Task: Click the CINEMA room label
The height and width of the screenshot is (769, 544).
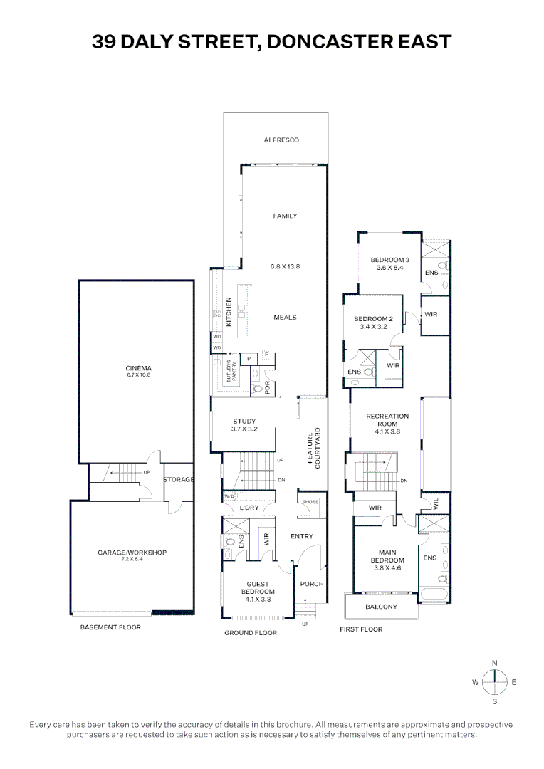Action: pyautogui.click(x=135, y=368)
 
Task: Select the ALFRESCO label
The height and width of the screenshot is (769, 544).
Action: pyautogui.click(x=281, y=140)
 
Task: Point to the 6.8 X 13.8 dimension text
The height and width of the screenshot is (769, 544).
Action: pyautogui.click(x=285, y=266)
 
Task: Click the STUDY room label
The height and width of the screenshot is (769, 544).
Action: pyautogui.click(x=244, y=422)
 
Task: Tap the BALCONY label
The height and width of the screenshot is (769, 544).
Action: pyautogui.click(x=381, y=607)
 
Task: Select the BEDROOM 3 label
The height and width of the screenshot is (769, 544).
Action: pyautogui.click(x=390, y=260)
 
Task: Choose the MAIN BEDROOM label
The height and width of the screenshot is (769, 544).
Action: pyautogui.click(x=387, y=556)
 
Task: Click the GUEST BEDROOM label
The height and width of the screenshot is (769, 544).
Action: pyautogui.click(x=258, y=587)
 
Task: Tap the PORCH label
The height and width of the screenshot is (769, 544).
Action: pyautogui.click(x=312, y=584)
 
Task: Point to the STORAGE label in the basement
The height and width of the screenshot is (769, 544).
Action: pyautogui.click(x=178, y=480)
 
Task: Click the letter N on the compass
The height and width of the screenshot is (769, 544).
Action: pyautogui.click(x=495, y=663)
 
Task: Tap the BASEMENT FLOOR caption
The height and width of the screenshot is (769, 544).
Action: pyautogui.click(x=110, y=627)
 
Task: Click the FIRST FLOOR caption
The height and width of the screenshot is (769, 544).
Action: pyautogui.click(x=361, y=629)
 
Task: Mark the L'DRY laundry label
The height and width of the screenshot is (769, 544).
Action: pyautogui.click(x=249, y=508)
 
